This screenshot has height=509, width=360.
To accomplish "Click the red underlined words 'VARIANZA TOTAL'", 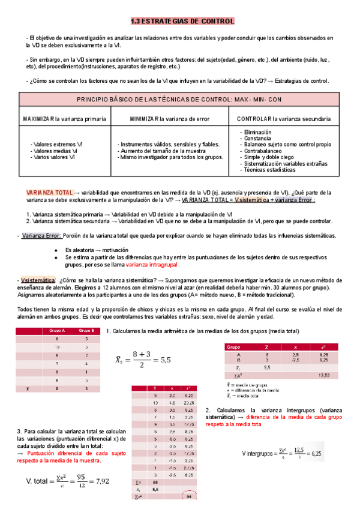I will coord(49,192).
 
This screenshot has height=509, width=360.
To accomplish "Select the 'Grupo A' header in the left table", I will coord(57,331).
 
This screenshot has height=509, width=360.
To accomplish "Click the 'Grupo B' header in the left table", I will coord(86,331).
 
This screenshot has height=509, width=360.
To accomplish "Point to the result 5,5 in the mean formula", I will coord(164,361).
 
